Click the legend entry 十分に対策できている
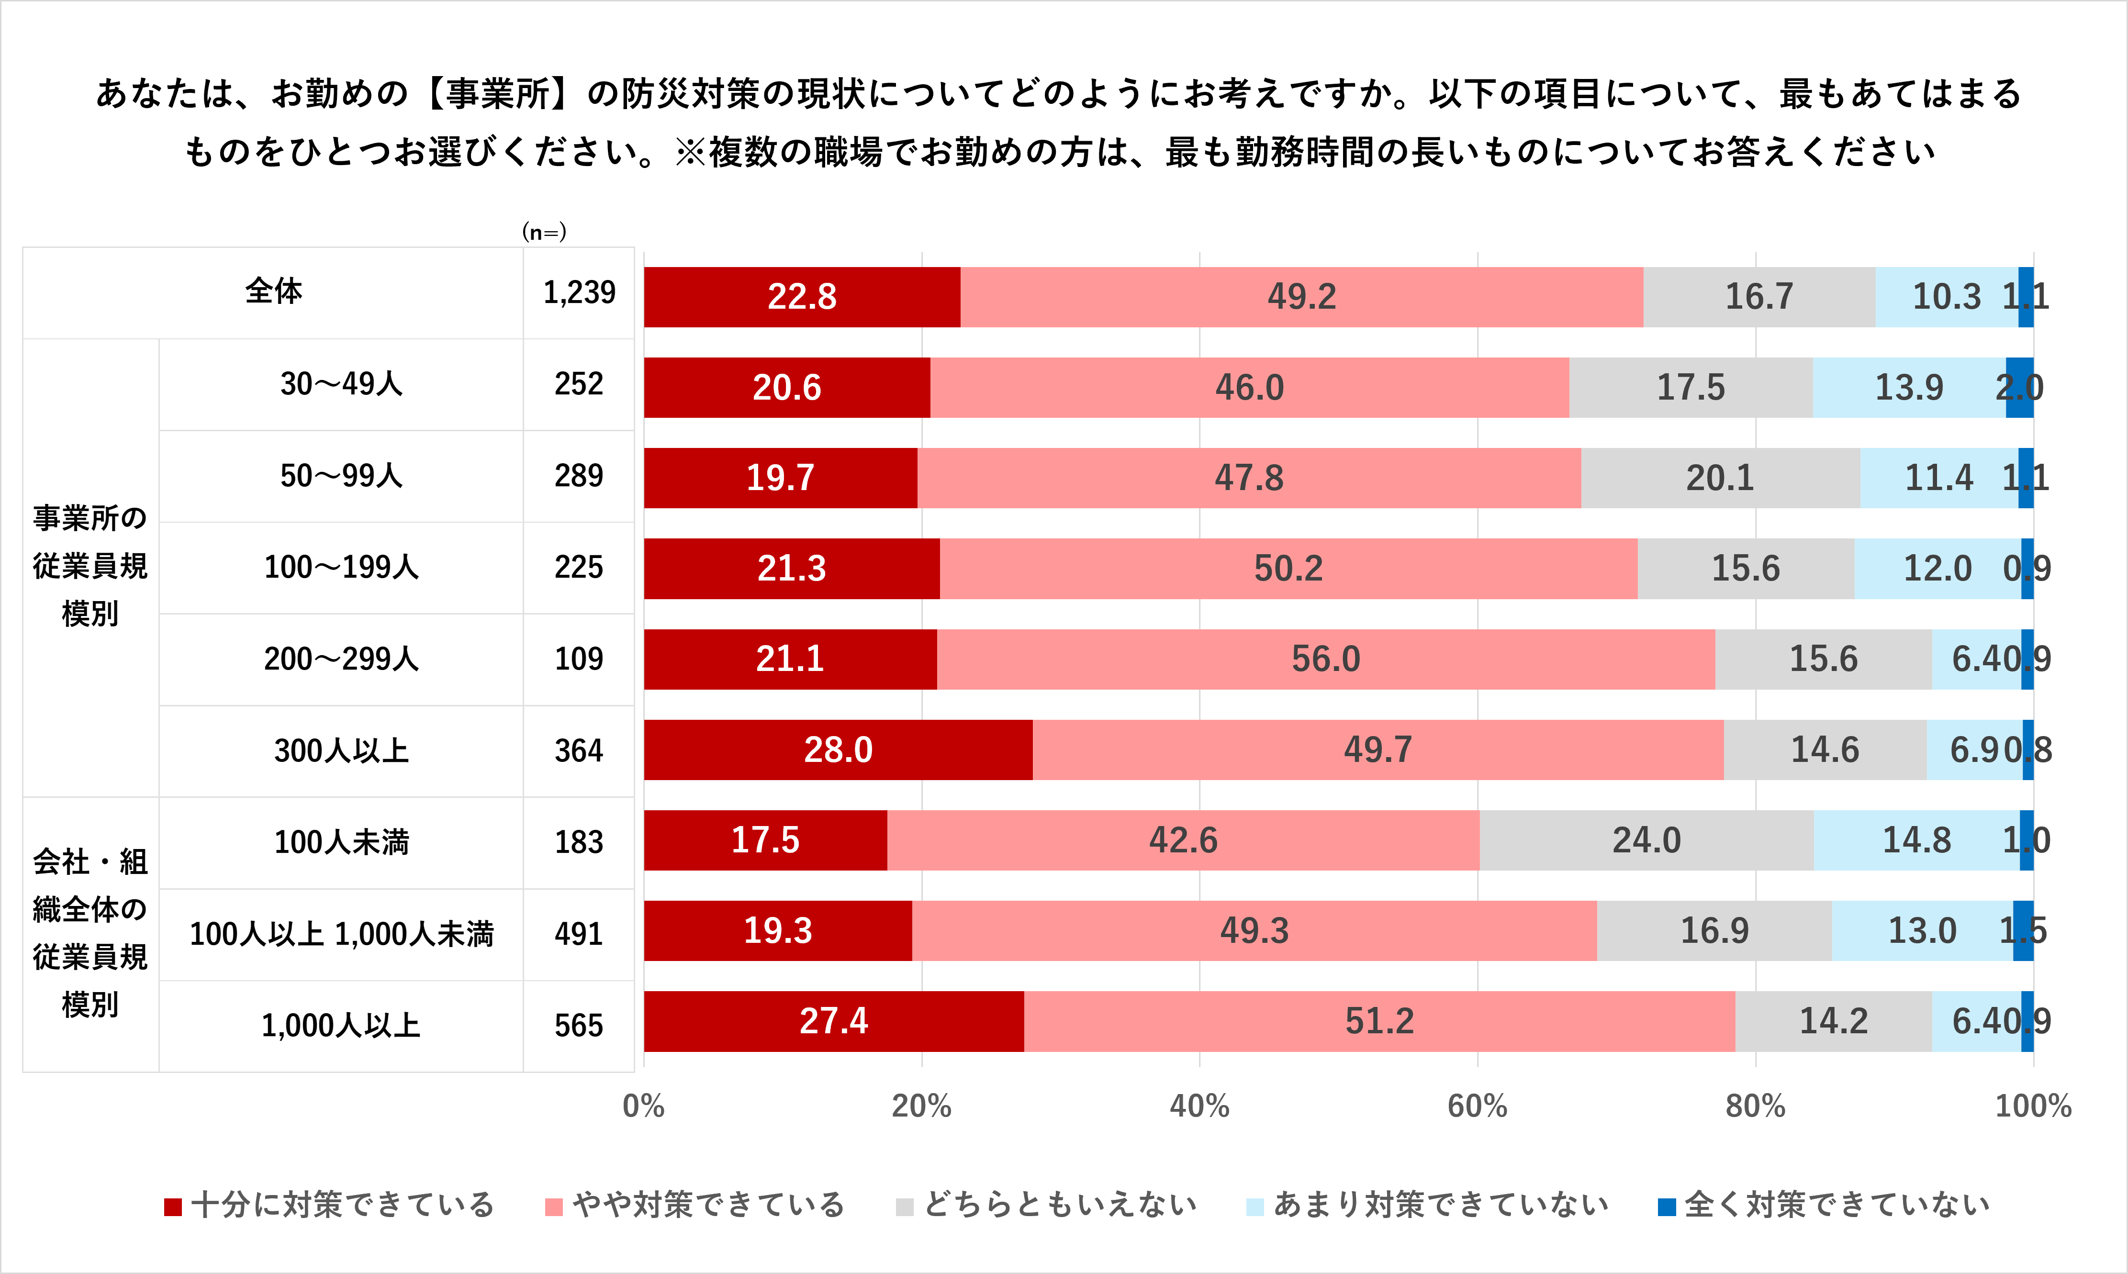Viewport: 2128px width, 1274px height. click(329, 1205)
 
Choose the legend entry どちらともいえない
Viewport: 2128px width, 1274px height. click(1045, 1205)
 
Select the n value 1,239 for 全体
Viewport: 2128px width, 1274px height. click(580, 293)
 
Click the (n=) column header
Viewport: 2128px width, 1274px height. click(544, 232)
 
